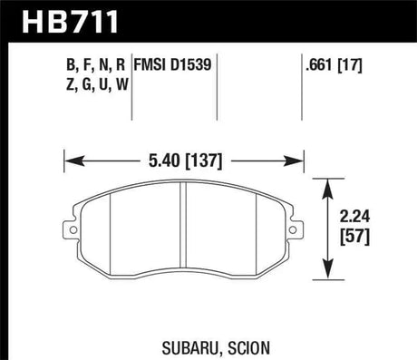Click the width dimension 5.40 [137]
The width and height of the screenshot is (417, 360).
tap(184, 164)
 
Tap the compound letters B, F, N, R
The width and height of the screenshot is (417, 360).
tap(93, 64)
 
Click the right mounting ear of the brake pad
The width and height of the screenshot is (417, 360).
tap(297, 232)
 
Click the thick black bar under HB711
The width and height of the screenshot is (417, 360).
tap(208, 41)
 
